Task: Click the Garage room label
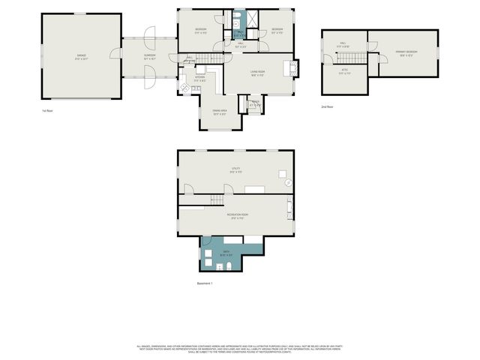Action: (x=82, y=56)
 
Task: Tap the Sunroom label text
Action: (x=150, y=56)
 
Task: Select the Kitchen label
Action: (x=200, y=78)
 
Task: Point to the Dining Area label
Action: (x=220, y=114)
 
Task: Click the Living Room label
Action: (x=259, y=72)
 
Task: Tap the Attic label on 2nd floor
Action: (x=344, y=71)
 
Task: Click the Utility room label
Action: (x=235, y=170)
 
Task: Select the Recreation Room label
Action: (x=237, y=215)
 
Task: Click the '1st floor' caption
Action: (x=47, y=110)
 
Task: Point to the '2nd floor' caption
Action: (x=326, y=107)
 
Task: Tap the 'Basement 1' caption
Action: (x=205, y=283)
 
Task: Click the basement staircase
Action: (x=216, y=199)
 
